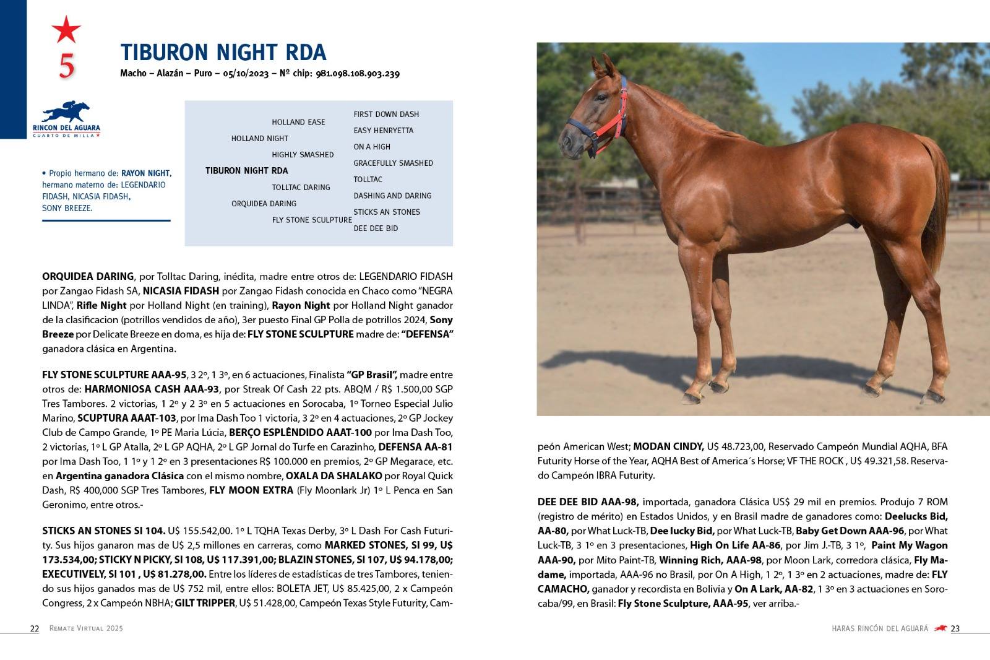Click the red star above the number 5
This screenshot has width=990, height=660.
(66, 29)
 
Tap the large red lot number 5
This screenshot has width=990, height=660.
(66, 66)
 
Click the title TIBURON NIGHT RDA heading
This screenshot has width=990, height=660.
(223, 53)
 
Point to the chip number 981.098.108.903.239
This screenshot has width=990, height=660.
(358, 74)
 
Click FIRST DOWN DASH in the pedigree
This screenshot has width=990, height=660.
(386, 115)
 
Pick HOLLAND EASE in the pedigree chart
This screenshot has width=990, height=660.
(298, 122)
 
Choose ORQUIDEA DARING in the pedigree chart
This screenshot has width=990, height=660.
(264, 204)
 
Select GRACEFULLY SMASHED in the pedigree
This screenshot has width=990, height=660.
(393, 163)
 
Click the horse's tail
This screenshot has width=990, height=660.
(937, 192)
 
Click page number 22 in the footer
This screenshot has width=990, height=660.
(35, 628)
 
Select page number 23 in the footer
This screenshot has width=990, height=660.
(955, 628)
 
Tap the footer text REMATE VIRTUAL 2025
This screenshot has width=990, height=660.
(86, 628)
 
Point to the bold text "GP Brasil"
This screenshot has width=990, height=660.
(372, 375)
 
